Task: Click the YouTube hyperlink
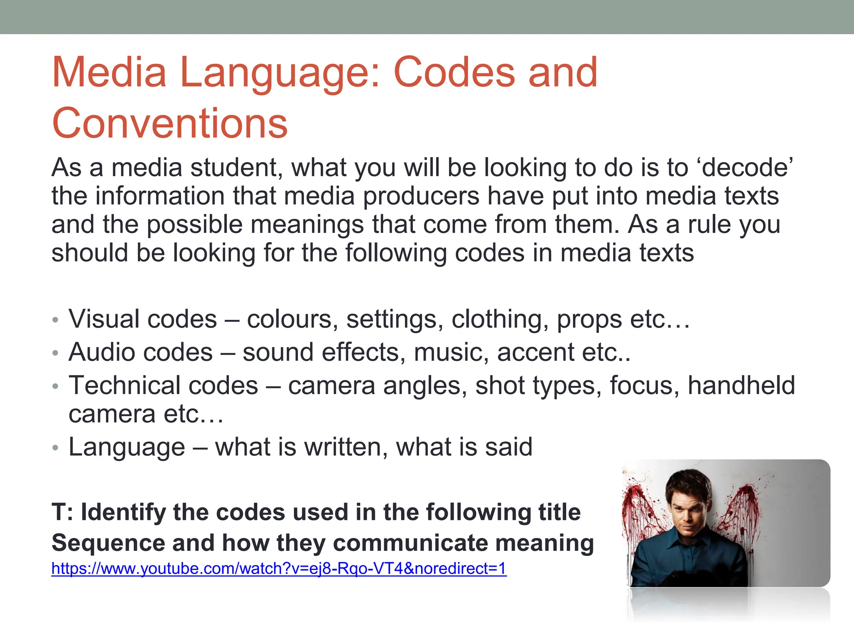(279, 568)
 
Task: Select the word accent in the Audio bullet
(535, 352)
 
